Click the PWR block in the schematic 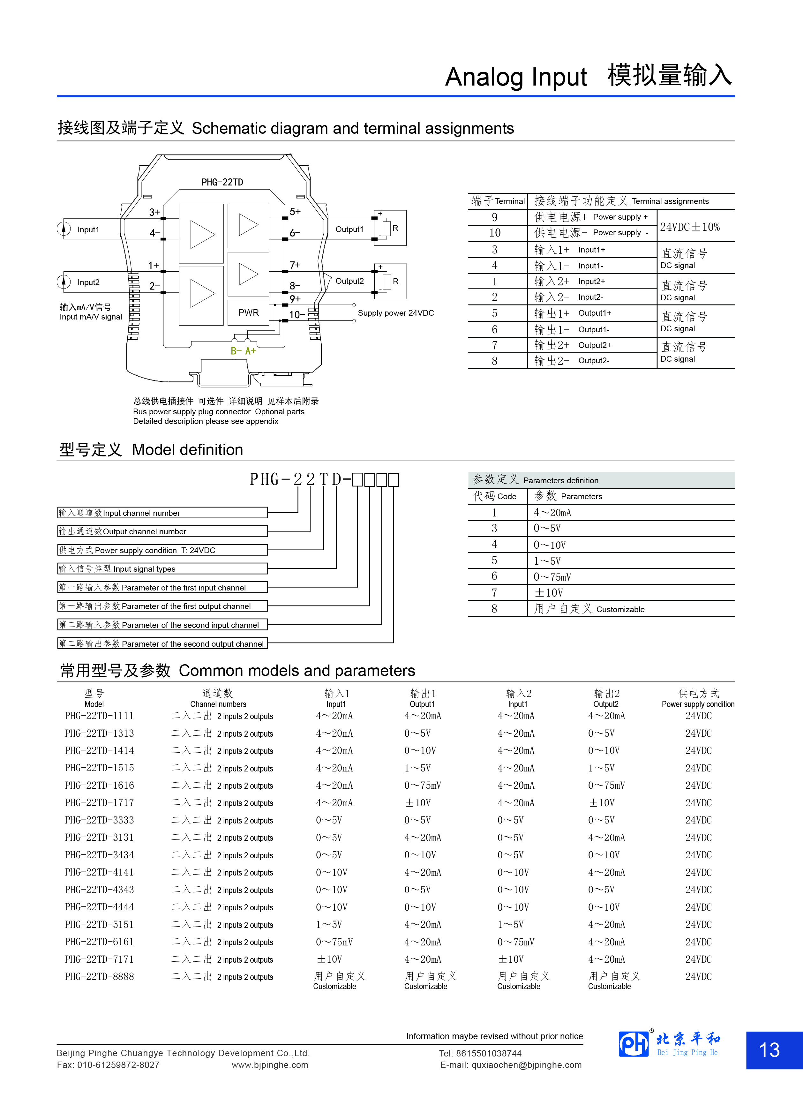point(248,312)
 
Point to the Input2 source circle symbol point(64,282)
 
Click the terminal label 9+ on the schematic point(295,299)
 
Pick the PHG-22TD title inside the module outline point(222,182)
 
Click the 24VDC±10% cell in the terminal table point(690,227)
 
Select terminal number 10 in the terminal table point(495,233)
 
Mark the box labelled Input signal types point(162,569)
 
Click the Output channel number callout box point(162,531)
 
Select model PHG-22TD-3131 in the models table point(99,838)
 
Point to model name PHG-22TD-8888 point(99,976)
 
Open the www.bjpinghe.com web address point(270,1065)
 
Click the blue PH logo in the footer point(634,1044)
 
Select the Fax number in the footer point(108,1065)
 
